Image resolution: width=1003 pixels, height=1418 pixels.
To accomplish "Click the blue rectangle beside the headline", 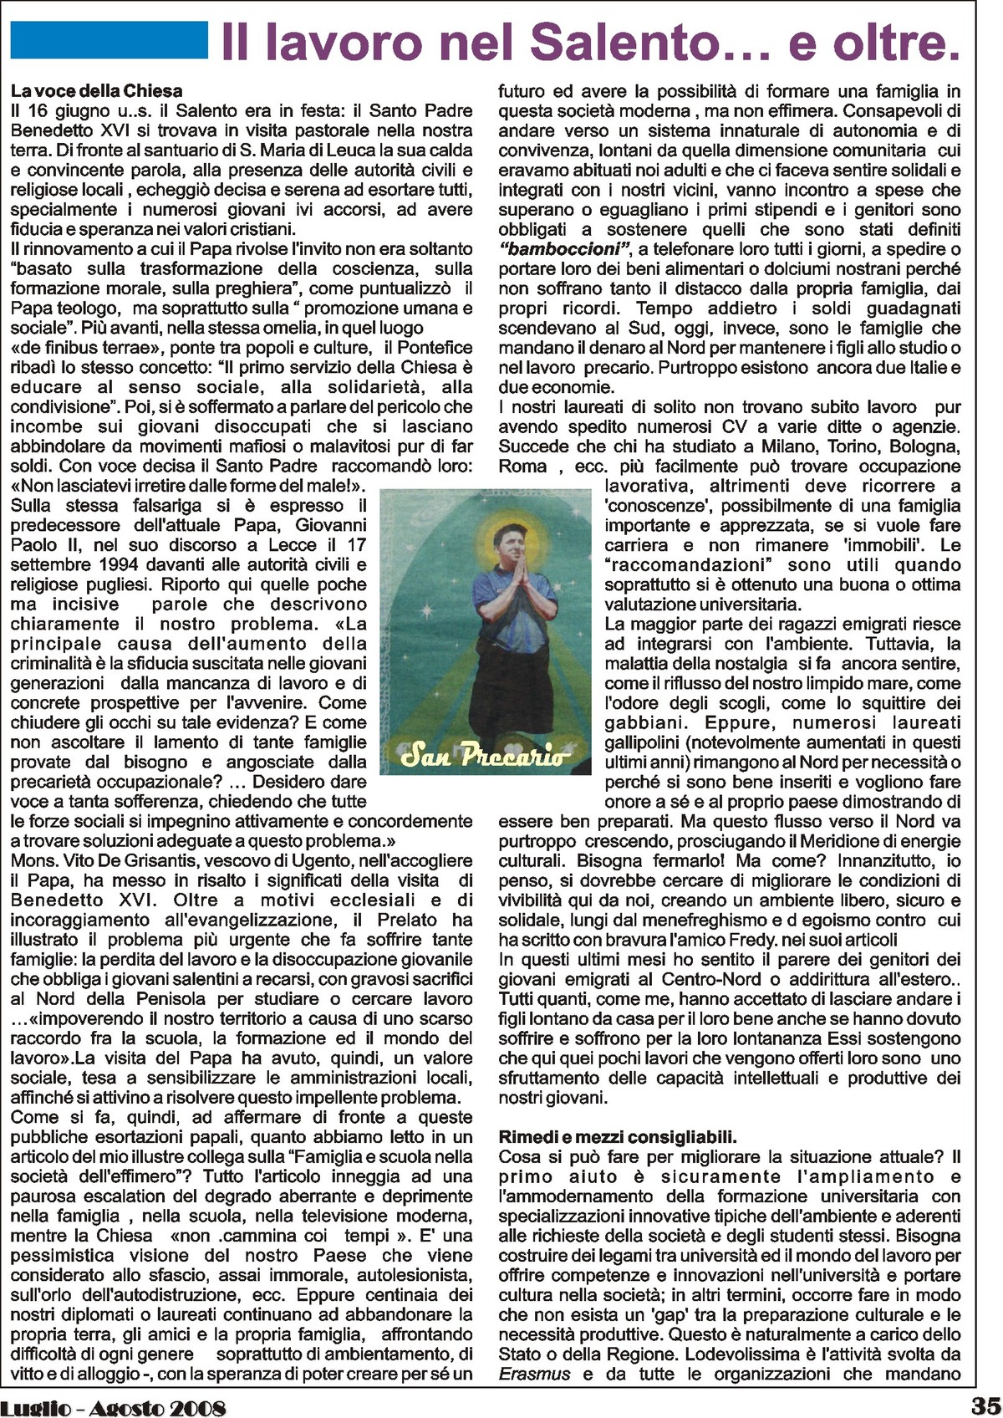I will tap(109, 40).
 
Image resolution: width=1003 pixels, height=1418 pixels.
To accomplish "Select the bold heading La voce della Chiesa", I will tap(96, 90).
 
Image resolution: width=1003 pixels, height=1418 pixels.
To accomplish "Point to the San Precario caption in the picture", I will tap(484, 755).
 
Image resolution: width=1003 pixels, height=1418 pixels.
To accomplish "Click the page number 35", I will tap(984, 1405).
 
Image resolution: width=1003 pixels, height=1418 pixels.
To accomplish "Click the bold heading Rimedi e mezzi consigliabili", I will tap(618, 1137).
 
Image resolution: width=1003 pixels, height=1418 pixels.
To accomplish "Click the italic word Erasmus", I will tap(535, 1374).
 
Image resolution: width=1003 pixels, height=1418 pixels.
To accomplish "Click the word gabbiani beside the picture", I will tap(643, 722).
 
